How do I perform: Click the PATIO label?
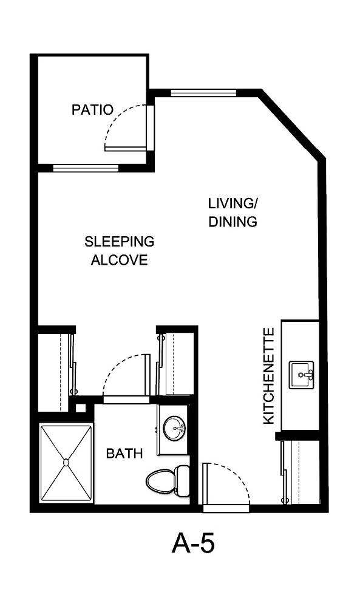point(92,110)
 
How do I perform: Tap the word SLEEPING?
point(119,242)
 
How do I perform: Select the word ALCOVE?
point(119,260)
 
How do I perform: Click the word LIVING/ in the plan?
point(233,203)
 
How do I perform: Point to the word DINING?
point(233,222)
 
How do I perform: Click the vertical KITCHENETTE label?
point(269,376)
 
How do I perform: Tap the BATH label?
point(124,454)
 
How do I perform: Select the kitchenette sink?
point(301,373)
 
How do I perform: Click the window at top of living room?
point(203,93)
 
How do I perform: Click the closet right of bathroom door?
point(176,364)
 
